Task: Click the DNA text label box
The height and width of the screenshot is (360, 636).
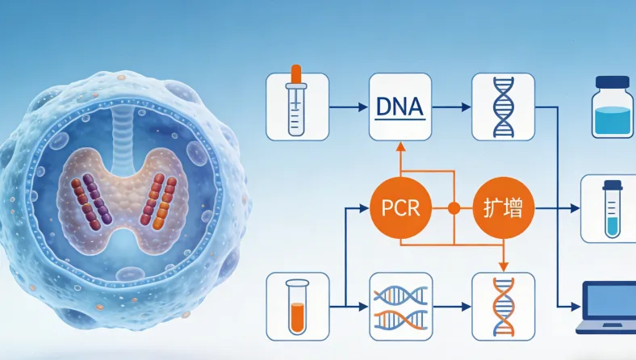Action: coord(400,107)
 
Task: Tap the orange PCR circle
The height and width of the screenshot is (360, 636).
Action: coord(400,207)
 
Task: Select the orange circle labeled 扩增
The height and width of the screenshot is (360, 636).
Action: coord(504,207)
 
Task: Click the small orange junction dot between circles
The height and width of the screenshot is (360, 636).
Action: coord(454,208)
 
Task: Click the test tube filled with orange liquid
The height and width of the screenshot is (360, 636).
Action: coord(297,307)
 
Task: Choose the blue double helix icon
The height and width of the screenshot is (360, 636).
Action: coord(504,107)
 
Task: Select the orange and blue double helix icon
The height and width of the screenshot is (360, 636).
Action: coord(504,307)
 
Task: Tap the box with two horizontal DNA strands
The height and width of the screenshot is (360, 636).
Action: coord(401,307)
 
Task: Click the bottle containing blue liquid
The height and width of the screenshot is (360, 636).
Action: coord(612,107)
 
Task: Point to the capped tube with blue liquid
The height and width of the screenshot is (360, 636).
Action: coord(613,209)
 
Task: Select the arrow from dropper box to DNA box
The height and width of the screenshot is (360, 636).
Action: coord(349,107)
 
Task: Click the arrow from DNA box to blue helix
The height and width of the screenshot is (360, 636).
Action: coord(451,107)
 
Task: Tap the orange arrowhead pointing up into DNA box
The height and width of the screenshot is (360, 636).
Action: coord(400,147)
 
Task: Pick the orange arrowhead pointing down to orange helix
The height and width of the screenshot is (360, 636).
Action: coord(504,267)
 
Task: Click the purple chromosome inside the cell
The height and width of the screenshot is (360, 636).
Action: coord(98,199)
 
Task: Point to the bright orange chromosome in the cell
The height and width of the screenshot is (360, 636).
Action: coord(164,203)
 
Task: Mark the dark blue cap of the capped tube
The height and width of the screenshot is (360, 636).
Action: coord(613,186)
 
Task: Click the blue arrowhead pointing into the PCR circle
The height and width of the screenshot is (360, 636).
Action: coord(364,208)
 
